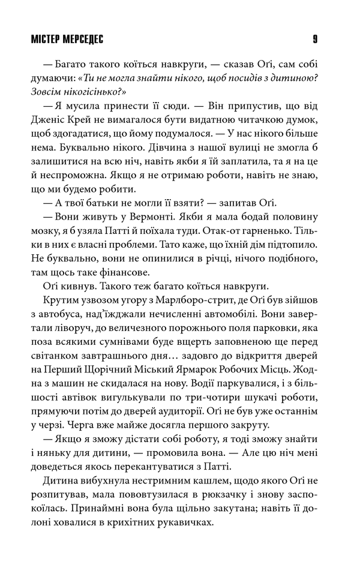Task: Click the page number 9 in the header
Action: [315, 40]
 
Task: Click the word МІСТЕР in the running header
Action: [43, 40]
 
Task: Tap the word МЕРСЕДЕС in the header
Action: [84, 40]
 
